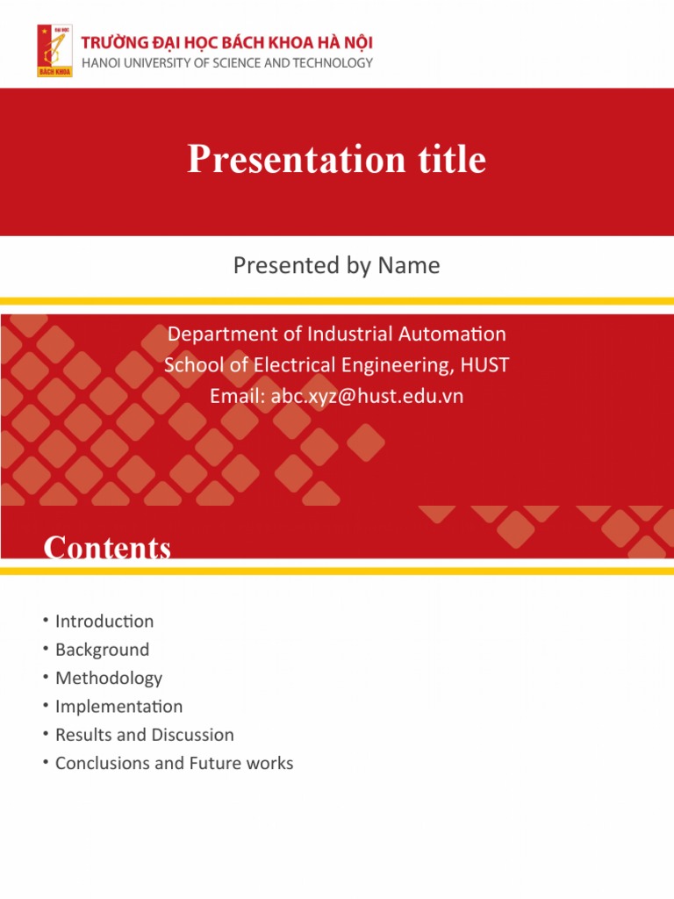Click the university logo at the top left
(x=54, y=50)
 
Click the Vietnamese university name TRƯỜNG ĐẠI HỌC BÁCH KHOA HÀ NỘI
(x=227, y=43)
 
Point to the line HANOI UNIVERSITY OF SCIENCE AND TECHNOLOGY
(x=227, y=63)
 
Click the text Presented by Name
(x=337, y=265)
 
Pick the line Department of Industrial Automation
(x=337, y=334)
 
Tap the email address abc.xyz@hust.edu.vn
(x=367, y=397)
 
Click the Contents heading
(x=107, y=548)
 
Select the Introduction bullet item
(x=104, y=622)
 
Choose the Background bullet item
(x=102, y=650)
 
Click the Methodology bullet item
(x=109, y=678)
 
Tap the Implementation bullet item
(x=118, y=707)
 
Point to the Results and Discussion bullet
(x=145, y=735)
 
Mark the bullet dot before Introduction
(x=44, y=621)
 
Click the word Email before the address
(x=236, y=397)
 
